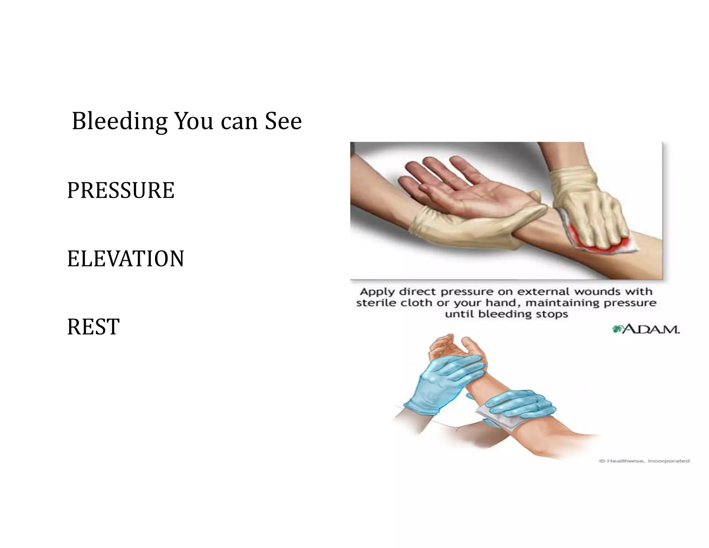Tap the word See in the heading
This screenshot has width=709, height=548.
[x=283, y=122]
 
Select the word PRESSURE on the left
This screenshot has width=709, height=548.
[x=120, y=190]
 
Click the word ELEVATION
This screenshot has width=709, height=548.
[x=125, y=259]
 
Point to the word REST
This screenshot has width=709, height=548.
[x=93, y=327]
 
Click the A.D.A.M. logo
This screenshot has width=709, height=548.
[x=646, y=329]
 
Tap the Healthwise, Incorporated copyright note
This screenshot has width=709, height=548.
[x=644, y=461]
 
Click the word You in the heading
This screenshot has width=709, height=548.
[x=194, y=122]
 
